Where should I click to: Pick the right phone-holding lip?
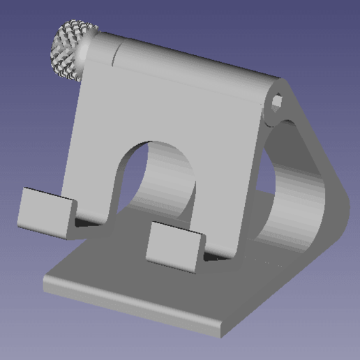coord(174,245)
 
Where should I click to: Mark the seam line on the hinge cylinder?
coord(117,53)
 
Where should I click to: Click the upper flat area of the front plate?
coord(174,105)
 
